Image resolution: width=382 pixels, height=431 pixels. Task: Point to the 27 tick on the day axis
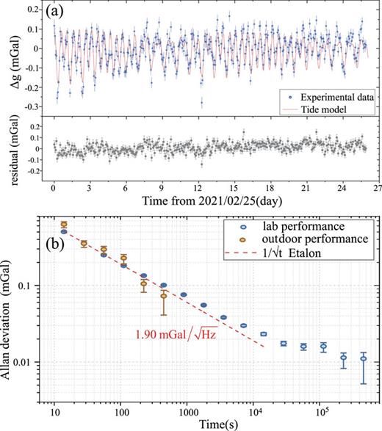[372, 188]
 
